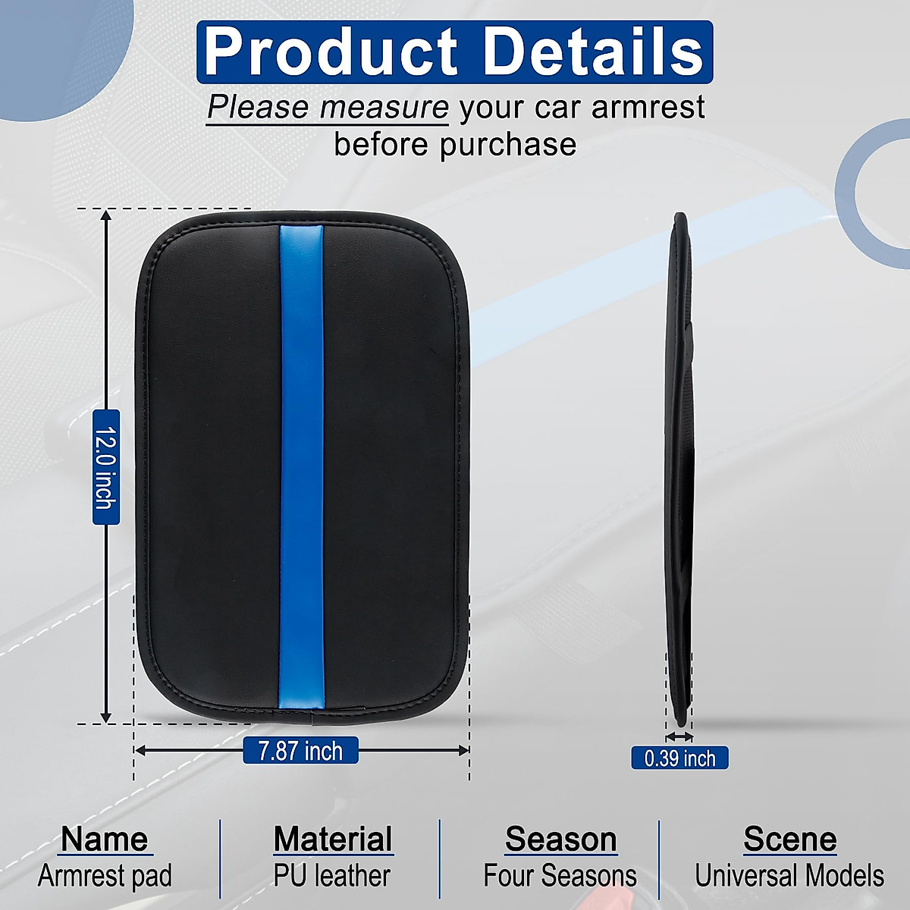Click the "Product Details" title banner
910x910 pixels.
(455, 52)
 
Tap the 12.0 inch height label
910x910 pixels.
(105, 467)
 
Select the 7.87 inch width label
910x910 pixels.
(300, 751)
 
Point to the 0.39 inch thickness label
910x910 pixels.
(679, 758)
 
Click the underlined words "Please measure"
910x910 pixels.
(328, 108)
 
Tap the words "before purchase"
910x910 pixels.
(455, 144)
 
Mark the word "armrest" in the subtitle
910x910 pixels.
(648, 107)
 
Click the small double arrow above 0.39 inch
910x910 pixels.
(679, 736)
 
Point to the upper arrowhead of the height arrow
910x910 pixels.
(105, 215)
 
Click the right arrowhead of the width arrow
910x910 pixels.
(463, 751)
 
